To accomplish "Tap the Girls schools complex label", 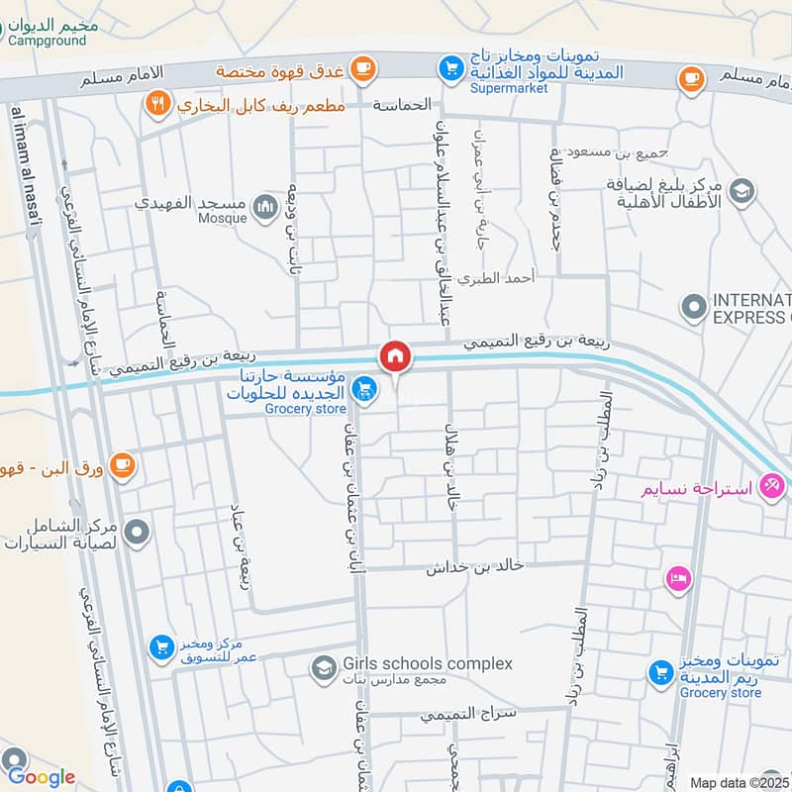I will pyautogui.click(x=428, y=663).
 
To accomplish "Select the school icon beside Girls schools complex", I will pyautogui.click(x=323, y=669).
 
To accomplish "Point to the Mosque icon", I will pyautogui.click(x=264, y=206).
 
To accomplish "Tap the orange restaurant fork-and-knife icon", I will pyautogui.click(x=156, y=104).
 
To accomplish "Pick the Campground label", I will pyautogui.click(x=48, y=42).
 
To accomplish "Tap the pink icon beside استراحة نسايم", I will pyautogui.click(x=771, y=487).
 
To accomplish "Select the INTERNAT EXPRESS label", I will pyautogui.click(x=752, y=308).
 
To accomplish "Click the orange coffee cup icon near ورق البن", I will pyautogui.click(x=122, y=465).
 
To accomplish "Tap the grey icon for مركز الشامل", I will pyautogui.click(x=138, y=533).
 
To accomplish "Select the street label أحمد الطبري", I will pyautogui.click(x=505, y=279).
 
